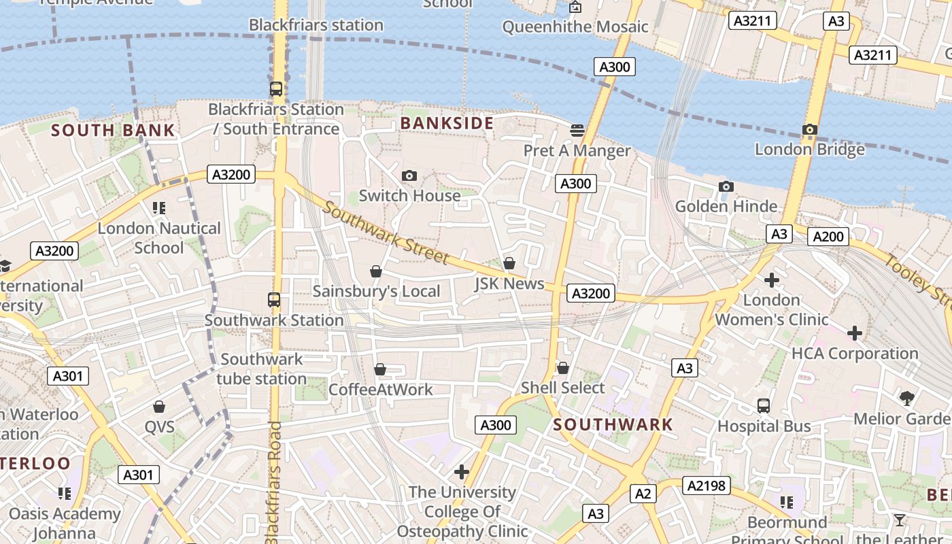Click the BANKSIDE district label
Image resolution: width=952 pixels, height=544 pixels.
click(447, 123)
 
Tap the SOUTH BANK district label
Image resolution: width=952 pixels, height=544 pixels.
click(113, 131)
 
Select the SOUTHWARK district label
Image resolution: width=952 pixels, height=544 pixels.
click(613, 425)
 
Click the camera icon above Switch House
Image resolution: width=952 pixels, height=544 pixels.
click(409, 176)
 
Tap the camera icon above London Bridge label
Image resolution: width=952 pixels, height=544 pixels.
click(809, 129)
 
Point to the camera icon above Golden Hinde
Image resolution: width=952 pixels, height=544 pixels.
click(726, 187)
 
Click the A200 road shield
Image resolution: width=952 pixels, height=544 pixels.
click(828, 237)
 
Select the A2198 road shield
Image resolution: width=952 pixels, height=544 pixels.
click(708, 486)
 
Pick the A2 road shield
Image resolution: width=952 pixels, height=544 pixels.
click(643, 494)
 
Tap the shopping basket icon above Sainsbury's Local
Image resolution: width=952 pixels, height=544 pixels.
click(376, 272)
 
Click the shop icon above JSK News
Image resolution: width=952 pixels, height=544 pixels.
click(509, 263)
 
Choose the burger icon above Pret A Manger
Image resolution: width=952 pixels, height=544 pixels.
click(577, 130)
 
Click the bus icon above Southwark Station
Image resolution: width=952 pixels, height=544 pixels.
click(274, 300)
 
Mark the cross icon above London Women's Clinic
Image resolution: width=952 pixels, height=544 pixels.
click(771, 279)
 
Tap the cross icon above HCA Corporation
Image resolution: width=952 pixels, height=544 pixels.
click(855, 333)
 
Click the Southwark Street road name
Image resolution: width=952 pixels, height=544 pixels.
click(385, 233)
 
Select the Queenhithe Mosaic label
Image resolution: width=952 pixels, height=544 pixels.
click(575, 27)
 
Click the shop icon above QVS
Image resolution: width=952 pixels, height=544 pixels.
click(159, 407)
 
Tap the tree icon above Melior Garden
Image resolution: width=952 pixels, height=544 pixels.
click(906, 398)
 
